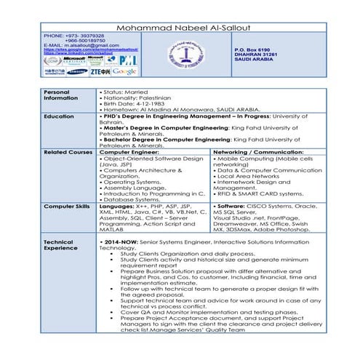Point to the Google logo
pyautogui.click(x=124, y=71)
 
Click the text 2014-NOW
pyautogui.click(x=121, y=241)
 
